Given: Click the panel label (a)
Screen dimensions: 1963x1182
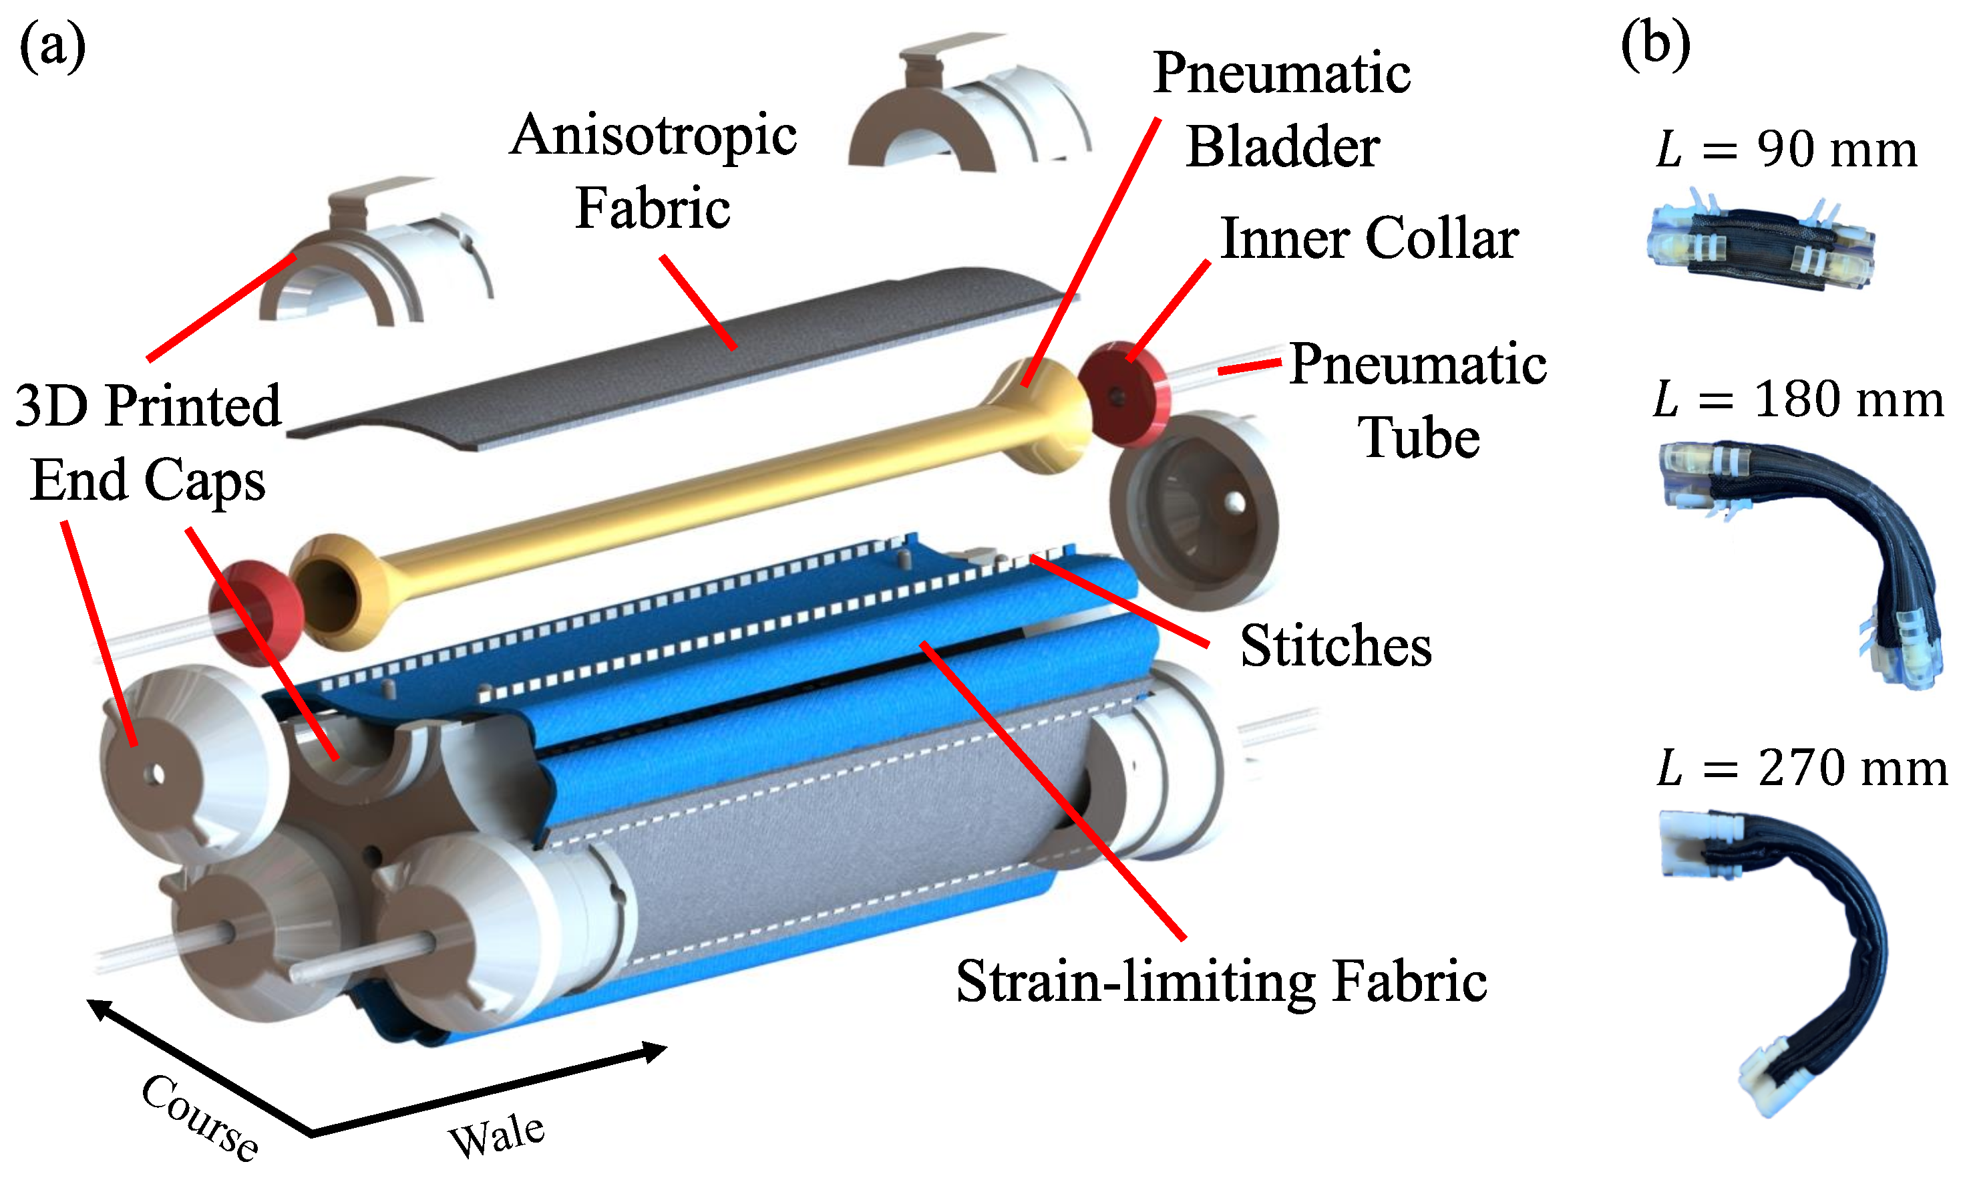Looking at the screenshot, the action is point(53,48).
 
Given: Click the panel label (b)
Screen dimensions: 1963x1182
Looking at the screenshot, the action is point(1655,45).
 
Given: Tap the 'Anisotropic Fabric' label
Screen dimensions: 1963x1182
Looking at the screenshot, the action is point(653,171).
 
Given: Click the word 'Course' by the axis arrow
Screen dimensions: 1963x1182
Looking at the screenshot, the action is point(199,1116).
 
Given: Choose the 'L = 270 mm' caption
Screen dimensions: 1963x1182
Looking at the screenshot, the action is point(1801,768).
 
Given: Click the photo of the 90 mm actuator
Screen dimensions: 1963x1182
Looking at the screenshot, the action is point(1759,247).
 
